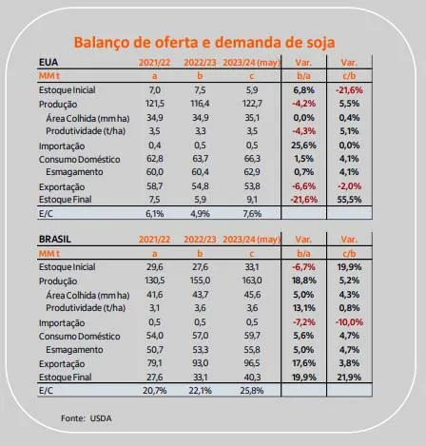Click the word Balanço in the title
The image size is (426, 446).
point(102,43)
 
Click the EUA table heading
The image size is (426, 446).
point(48,62)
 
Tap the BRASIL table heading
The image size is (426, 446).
point(55,239)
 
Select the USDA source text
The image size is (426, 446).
point(101,418)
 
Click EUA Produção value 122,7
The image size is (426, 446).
point(252,104)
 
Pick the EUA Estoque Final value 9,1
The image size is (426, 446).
point(252,200)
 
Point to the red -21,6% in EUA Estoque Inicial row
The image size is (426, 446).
point(349,90)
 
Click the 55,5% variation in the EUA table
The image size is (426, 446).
point(349,200)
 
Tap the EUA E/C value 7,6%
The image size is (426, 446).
point(252,214)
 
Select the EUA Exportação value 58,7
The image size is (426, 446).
point(155,186)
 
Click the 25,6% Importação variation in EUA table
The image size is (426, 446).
point(303,145)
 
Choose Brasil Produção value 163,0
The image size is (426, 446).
point(252,281)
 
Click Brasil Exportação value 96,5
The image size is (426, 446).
point(252,363)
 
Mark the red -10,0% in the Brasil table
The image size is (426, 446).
point(349,322)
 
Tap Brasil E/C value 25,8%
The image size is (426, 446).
point(252,391)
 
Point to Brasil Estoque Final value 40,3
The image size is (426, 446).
point(252,377)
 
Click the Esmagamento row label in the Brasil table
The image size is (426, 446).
point(74,350)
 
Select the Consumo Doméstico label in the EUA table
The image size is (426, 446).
point(80,159)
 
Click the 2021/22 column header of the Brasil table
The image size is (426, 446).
point(155,240)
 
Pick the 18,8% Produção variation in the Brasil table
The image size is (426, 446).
point(303,281)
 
